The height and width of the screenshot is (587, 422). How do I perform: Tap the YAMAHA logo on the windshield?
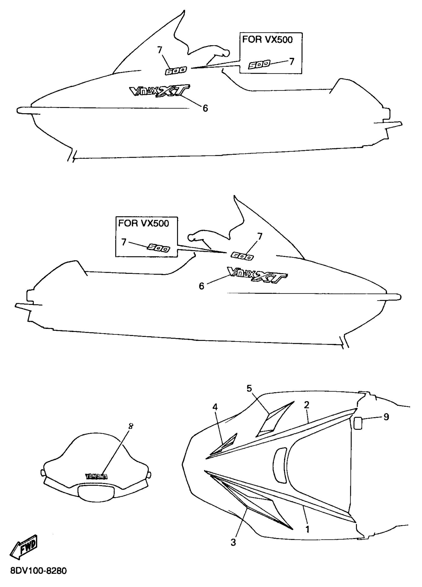click(x=96, y=477)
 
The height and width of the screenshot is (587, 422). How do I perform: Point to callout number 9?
click(x=386, y=417)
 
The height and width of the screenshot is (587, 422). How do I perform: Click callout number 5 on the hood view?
click(x=249, y=389)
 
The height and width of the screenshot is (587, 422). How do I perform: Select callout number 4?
click(x=215, y=407)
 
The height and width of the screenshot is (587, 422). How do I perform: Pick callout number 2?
click(x=307, y=404)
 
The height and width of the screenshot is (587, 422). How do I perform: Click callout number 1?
click(x=307, y=529)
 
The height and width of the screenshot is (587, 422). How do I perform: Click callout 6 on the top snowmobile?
click(x=205, y=108)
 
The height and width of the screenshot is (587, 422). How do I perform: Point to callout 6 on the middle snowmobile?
click(x=201, y=286)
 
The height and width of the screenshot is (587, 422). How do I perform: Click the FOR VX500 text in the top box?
click(x=267, y=39)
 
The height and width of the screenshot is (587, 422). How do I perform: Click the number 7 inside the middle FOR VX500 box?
click(x=124, y=242)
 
